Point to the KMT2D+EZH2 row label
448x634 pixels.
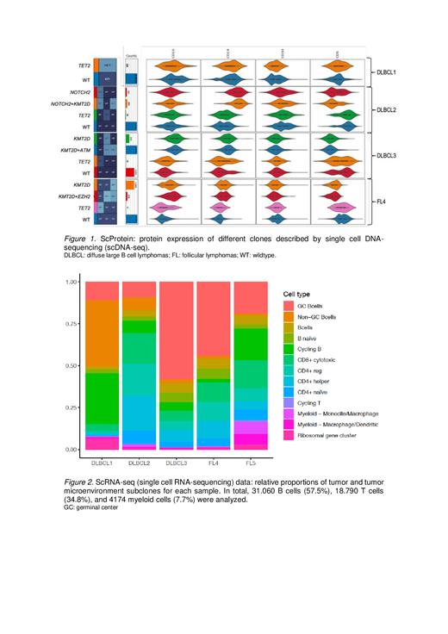(70, 196)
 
